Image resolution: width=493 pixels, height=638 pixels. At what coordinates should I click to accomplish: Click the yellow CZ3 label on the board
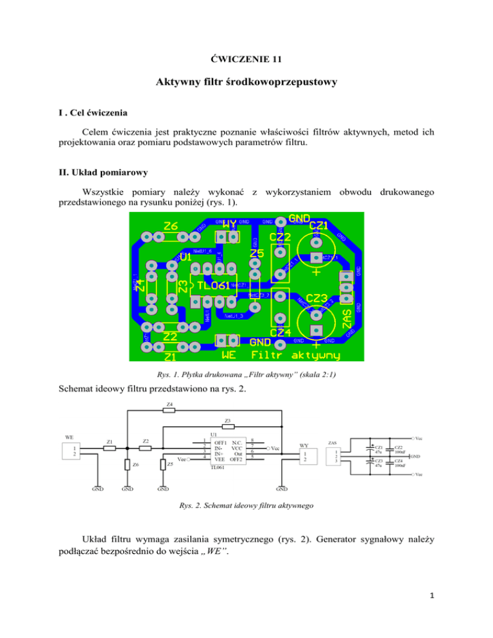(x=316, y=298)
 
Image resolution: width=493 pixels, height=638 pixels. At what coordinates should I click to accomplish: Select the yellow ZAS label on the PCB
(x=347, y=314)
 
